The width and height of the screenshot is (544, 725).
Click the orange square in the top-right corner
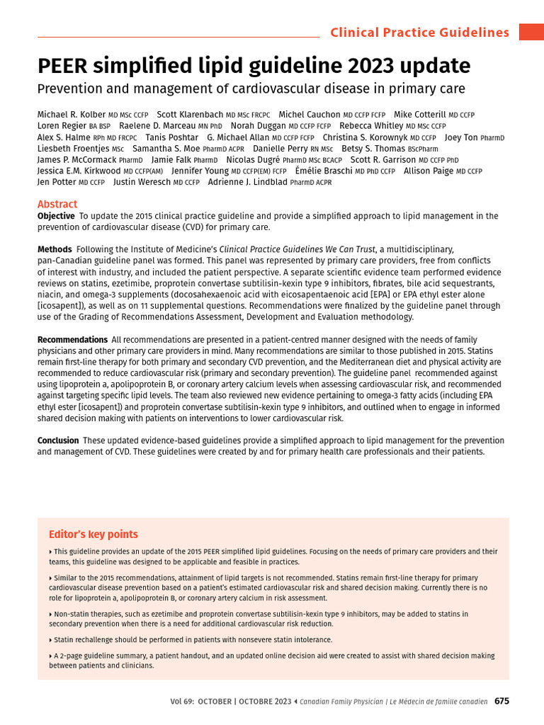point(531,32)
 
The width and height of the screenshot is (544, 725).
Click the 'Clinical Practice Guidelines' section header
point(419,33)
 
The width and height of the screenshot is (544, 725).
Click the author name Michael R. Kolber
point(71,115)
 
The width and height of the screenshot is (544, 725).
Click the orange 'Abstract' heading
point(57,204)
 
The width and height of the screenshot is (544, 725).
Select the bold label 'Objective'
point(56,216)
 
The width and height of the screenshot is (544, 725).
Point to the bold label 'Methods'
point(55,249)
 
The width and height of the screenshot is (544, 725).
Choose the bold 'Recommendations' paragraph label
point(72,340)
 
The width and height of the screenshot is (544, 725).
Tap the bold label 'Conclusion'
point(58,440)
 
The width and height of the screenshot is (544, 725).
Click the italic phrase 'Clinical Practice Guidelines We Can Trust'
point(299,249)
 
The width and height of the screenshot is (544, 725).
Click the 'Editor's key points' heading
point(93,535)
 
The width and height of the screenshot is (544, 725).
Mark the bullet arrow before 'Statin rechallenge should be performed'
point(51,640)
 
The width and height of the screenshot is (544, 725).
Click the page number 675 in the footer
point(501,702)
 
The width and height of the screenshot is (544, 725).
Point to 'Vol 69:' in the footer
point(183,702)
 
